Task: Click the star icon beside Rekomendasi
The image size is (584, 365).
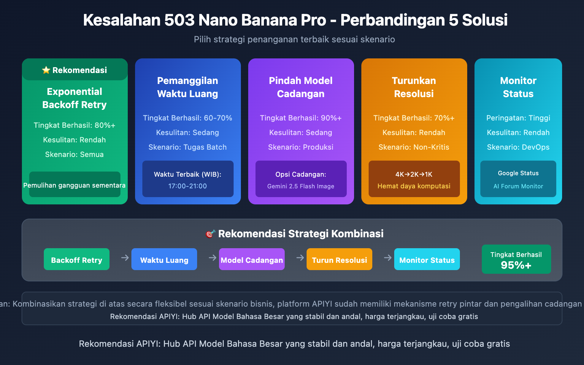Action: coord(46,70)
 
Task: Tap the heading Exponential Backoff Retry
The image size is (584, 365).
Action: coord(74,98)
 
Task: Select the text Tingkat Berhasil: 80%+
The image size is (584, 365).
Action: coord(74,125)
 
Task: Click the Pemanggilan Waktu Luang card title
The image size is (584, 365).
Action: coord(188,87)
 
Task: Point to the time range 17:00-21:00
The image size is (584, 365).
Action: coord(188,186)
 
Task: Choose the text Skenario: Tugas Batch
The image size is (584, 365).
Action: coord(188,147)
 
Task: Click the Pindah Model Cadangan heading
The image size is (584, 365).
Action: coord(301,87)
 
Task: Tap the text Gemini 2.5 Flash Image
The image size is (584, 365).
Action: coord(301,186)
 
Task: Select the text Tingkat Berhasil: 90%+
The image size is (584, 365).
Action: coord(301,118)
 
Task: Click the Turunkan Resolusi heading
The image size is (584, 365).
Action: coord(414,87)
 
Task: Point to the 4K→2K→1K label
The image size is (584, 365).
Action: coord(414,174)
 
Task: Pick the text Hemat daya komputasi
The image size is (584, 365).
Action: coord(414,186)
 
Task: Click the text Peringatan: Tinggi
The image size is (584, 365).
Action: coord(518,118)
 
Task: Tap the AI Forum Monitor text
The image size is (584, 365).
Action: coord(518,186)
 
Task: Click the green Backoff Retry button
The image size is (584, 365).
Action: coord(77,260)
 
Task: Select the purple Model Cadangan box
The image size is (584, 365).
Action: coord(252,260)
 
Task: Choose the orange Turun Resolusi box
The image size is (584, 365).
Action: coord(339,260)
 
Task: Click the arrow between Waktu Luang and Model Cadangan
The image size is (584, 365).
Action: coord(212,258)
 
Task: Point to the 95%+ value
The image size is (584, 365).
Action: coord(516,265)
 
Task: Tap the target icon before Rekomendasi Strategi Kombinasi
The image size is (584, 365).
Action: coord(210,234)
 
